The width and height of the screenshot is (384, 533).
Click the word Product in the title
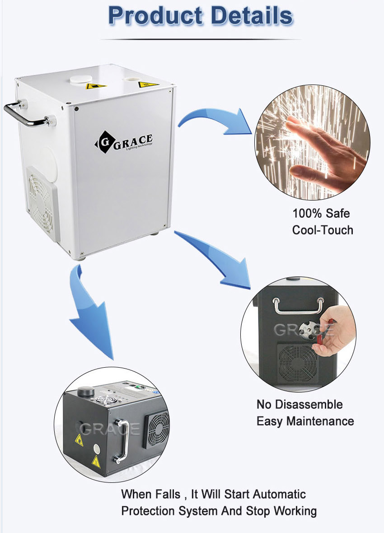155,16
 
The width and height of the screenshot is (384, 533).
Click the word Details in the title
252,16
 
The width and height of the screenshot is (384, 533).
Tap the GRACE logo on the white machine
124,142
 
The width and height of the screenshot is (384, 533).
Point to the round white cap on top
80,79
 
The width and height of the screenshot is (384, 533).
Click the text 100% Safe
321,214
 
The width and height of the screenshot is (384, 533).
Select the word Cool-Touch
323,230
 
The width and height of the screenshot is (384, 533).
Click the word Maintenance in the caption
320,421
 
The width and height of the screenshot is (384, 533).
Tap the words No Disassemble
300,405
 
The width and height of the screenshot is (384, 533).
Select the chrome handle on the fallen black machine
122,441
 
